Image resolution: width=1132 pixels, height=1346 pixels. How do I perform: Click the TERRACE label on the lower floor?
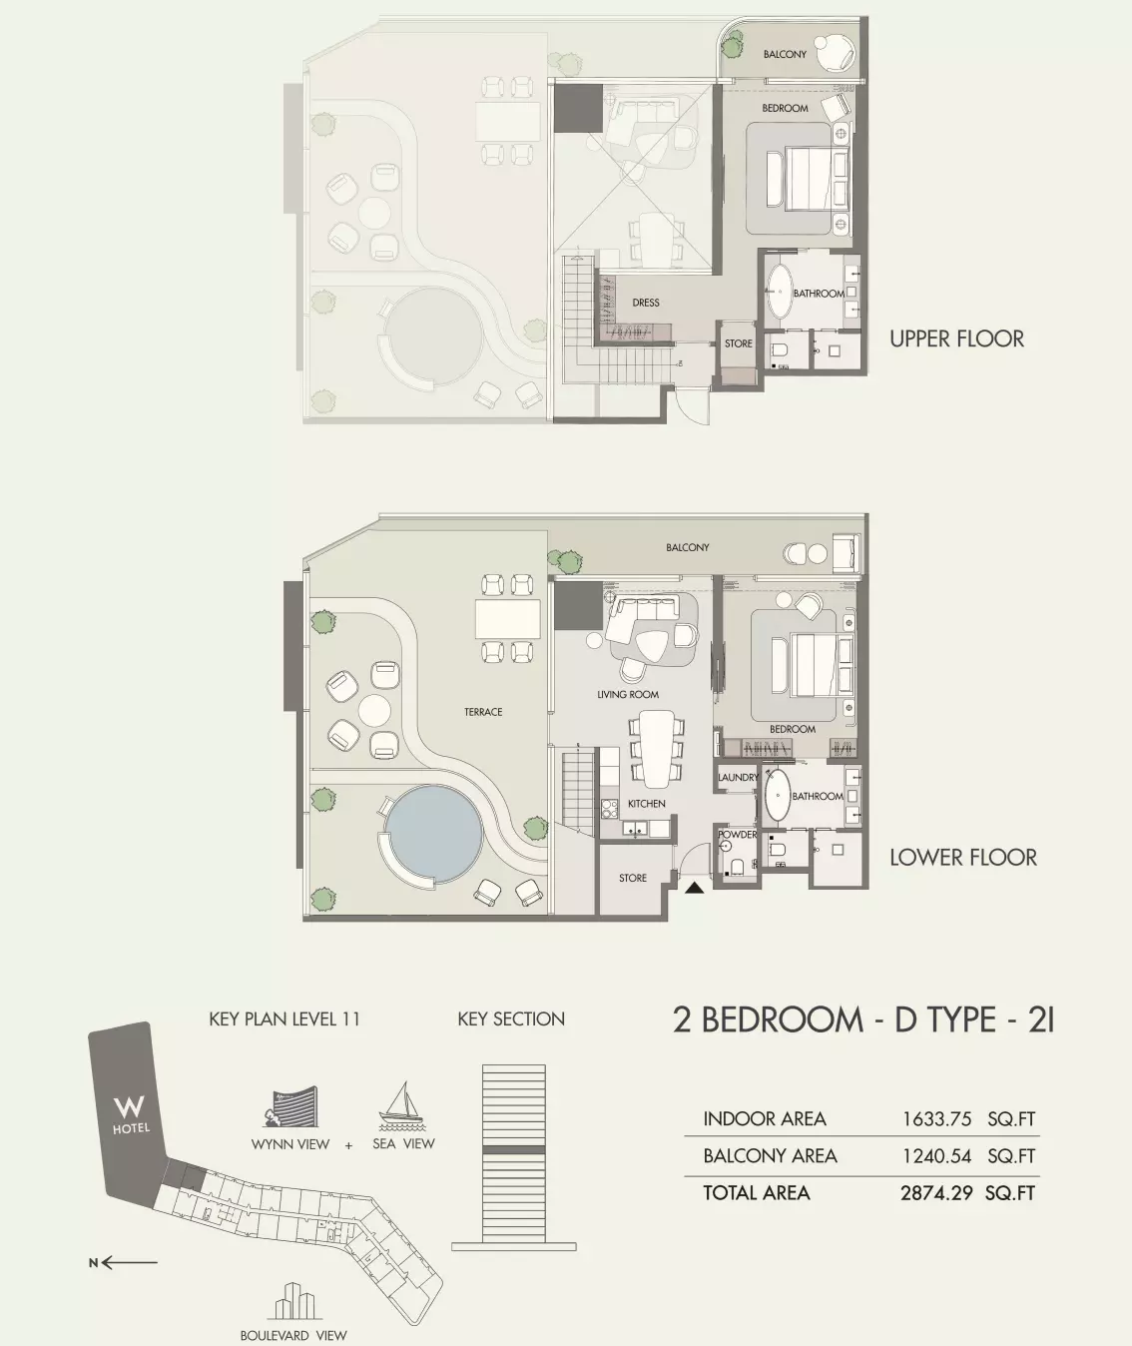[483, 712]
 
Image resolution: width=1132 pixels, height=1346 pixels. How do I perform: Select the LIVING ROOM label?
[628, 694]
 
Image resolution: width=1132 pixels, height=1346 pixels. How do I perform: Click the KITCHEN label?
[647, 803]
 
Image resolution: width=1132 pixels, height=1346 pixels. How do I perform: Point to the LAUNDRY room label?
[738, 778]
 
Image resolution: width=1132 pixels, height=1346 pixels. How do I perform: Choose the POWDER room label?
[738, 834]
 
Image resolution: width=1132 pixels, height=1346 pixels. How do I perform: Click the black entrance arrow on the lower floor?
[694, 888]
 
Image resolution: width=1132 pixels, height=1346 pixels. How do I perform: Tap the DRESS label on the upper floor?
[646, 303]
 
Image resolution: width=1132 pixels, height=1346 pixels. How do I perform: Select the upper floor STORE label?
[738, 343]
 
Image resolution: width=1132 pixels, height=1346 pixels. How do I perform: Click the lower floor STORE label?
[633, 878]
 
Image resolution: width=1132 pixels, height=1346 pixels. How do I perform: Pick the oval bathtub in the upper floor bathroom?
[780, 292]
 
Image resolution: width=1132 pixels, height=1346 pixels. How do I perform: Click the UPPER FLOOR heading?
[956, 339]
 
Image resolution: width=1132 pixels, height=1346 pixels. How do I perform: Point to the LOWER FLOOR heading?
[963, 858]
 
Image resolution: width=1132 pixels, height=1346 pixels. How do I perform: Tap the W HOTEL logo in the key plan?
[131, 1114]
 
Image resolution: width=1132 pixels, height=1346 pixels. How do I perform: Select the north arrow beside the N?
[130, 1263]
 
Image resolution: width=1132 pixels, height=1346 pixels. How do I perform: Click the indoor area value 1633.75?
[936, 1119]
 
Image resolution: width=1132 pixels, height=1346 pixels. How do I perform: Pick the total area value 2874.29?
[936, 1193]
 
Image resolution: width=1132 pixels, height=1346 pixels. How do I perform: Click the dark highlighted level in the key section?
[514, 1150]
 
